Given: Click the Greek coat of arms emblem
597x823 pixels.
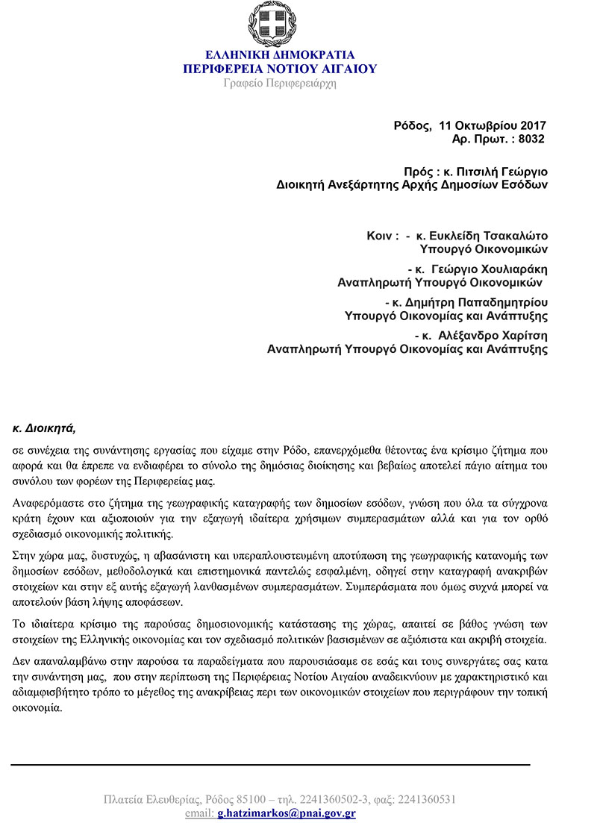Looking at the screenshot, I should [x=280, y=25].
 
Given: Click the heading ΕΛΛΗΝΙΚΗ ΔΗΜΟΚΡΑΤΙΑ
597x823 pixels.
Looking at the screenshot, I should [x=280, y=55].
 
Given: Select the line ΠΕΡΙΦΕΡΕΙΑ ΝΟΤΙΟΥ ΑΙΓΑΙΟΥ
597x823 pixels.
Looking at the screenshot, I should [x=280, y=69].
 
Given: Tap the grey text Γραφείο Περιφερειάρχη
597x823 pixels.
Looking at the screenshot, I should [x=280, y=83].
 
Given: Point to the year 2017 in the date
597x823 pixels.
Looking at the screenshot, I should [x=533, y=125].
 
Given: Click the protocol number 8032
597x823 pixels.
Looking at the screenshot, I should [x=532, y=139].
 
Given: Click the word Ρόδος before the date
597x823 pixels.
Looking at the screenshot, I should [x=411, y=125].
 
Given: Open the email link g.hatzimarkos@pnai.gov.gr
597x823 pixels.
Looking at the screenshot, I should [x=287, y=813].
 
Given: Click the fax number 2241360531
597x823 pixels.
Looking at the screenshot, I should [x=427, y=799].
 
